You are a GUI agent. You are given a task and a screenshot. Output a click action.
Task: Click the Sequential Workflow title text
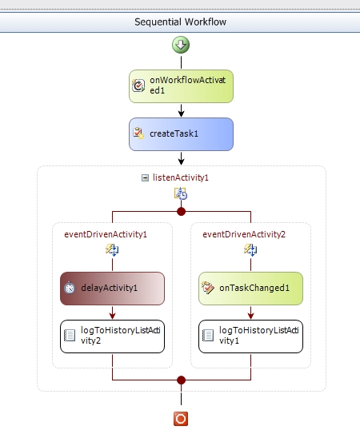tap(181, 22)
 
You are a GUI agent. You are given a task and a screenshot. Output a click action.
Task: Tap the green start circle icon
tap(181, 46)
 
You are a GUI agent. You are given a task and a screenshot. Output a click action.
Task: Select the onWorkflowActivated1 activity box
tap(181, 86)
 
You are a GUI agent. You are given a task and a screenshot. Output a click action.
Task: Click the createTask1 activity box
tap(181, 134)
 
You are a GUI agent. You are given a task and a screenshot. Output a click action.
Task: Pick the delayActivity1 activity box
tap(112, 289)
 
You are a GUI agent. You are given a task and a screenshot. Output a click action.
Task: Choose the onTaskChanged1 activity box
tap(250, 289)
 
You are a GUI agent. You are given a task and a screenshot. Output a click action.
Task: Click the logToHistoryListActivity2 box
tap(112, 336)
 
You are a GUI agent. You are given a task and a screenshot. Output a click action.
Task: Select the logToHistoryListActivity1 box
tap(250, 336)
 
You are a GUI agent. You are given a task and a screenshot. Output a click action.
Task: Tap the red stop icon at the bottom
tap(181, 418)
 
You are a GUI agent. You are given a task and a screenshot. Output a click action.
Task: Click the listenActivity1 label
tap(186, 177)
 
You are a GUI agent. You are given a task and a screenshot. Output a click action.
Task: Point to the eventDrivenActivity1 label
tap(106, 234)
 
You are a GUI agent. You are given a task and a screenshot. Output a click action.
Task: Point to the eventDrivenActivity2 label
tap(244, 234)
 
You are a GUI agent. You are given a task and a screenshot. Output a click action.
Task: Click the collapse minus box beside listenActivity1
tap(146, 177)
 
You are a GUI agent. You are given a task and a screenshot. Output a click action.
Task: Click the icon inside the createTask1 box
tap(138, 134)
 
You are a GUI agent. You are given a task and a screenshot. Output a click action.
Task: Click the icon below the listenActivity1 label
tap(181, 194)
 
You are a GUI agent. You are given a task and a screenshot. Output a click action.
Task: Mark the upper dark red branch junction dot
tap(181, 212)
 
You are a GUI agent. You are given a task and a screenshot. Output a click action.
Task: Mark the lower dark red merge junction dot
tap(181, 380)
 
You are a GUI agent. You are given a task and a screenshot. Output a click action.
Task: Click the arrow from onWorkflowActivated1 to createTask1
tap(181, 110)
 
